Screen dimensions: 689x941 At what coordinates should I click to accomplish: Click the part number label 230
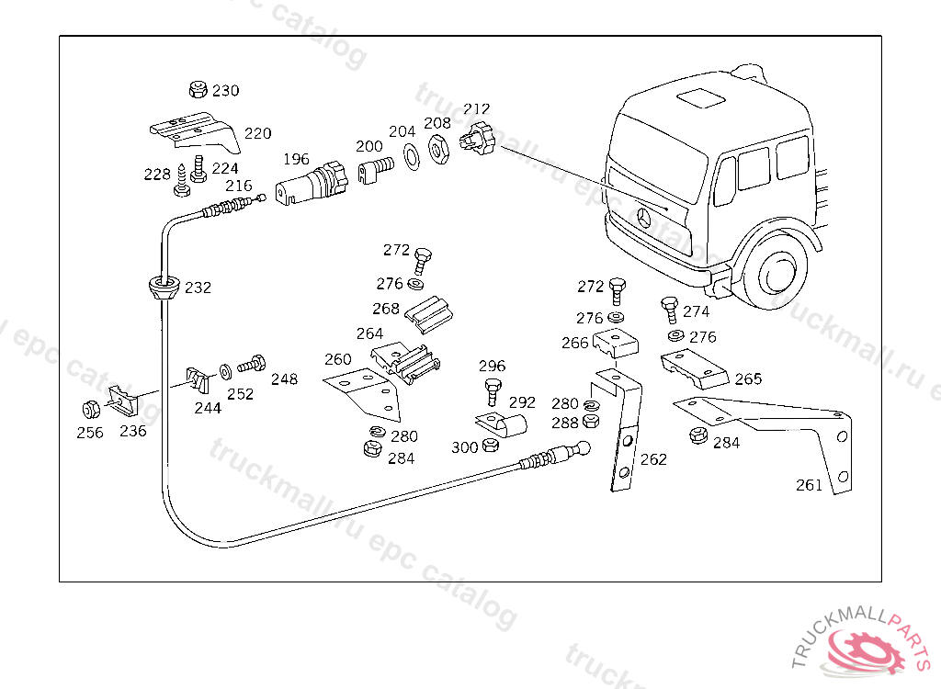tap(225, 91)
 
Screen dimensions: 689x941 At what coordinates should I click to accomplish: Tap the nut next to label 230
tap(196, 90)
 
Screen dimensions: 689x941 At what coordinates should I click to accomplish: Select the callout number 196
tap(296, 159)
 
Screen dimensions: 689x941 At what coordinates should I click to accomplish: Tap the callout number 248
tap(284, 379)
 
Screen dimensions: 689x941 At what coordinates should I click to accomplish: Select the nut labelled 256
tap(91, 409)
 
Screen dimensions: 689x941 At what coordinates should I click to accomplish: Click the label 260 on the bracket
tap(338, 359)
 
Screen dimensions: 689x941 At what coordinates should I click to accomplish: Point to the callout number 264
tap(369, 333)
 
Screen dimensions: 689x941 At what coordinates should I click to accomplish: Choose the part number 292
tap(522, 402)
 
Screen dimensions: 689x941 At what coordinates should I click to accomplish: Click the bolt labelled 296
tap(493, 390)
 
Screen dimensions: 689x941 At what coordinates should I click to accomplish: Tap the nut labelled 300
tap(490, 446)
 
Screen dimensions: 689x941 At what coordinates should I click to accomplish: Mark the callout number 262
tap(653, 459)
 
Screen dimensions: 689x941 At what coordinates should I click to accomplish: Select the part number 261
tap(809, 485)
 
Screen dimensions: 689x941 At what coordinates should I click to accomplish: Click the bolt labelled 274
tap(669, 310)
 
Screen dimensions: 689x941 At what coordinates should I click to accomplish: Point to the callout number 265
tap(748, 378)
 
